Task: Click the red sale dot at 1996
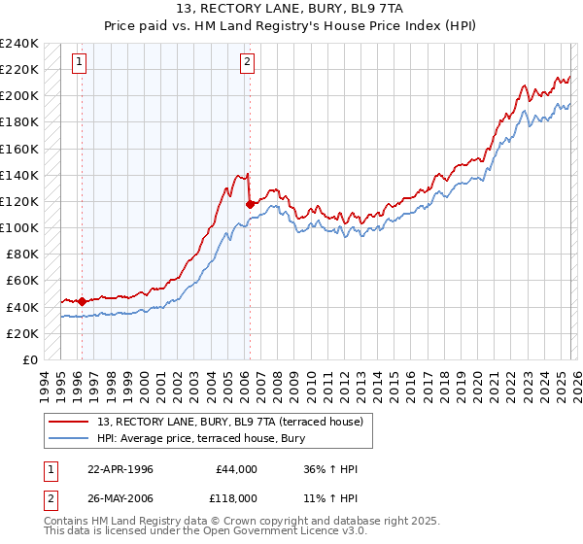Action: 82,301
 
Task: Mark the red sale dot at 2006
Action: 251,204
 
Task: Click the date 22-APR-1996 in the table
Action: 120,469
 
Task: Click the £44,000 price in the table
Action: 235,469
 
